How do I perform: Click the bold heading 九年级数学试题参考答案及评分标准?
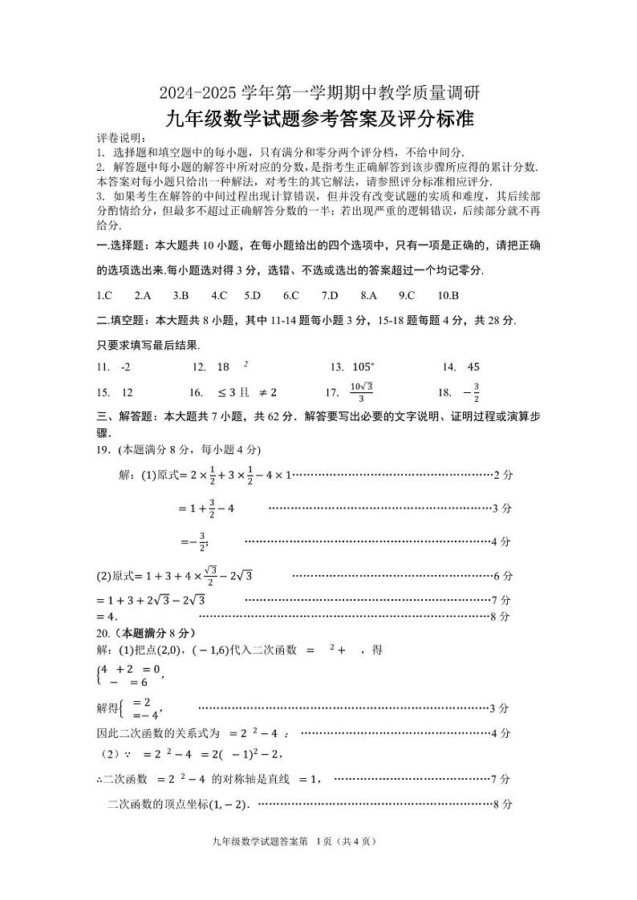point(318,120)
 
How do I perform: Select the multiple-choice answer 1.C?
point(103,295)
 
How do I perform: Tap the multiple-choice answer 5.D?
point(253,295)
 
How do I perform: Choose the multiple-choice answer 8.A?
point(368,295)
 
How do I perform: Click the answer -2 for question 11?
point(124,367)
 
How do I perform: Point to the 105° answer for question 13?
point(363,367)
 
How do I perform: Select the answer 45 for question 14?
point(473,367)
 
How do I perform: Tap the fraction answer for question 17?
point(362,392)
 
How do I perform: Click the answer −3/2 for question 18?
point(471,392)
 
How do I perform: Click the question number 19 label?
point(103,449)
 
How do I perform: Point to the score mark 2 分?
point(502,475)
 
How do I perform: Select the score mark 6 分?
point(502,576)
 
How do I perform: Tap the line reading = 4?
point(107,617)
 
